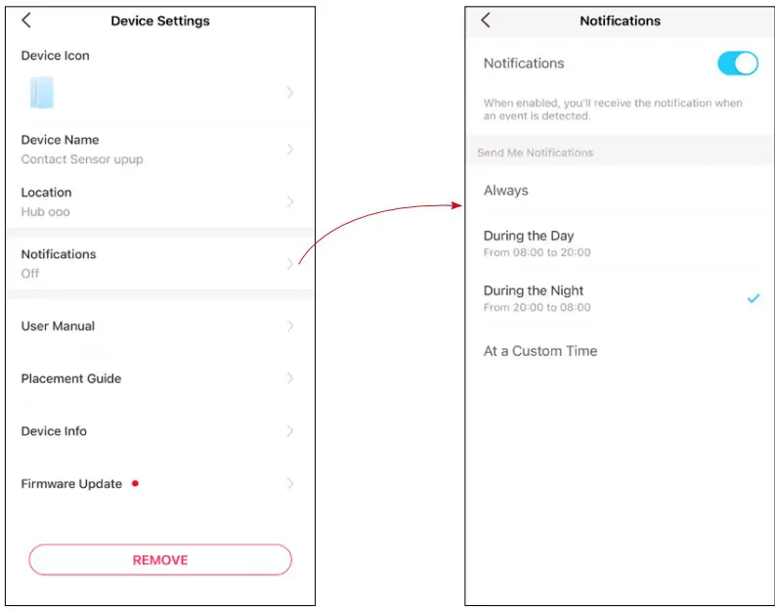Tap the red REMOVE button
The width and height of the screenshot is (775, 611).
[x=160, y=560]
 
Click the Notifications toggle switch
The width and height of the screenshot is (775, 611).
[x=738, y=64]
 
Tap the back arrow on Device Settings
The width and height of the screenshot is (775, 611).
[x=26, y=21]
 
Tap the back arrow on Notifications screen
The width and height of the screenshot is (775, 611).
[x=486, y=21]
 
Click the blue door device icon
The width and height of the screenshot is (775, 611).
[x=41, y=93]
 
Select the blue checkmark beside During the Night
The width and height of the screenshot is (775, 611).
[x=753, y=299]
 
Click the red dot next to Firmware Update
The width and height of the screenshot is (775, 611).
[x=135, y=483]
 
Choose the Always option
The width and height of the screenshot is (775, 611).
[x=506, y=191]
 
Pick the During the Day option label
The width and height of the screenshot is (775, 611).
[x=529, y=236]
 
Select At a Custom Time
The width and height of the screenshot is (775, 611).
[x=540, y=351]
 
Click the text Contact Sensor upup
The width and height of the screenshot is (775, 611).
[x=82, y=159]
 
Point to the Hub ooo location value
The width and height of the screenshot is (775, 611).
[x=46, y=212]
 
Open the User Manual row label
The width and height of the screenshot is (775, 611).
[x=58, y=327]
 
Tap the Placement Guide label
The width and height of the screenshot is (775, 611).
[x=71, y=379]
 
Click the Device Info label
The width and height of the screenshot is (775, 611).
[x=54, y=431]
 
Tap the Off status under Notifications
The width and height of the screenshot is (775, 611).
[x=30, y=274]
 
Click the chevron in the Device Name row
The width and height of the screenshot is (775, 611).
[x=290, y=150]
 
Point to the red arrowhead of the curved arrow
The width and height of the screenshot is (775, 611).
[x=458, y=205]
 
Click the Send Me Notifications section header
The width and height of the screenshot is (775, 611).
[x=535, y=153]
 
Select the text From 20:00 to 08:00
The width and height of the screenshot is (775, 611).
[x=538, y=308]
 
